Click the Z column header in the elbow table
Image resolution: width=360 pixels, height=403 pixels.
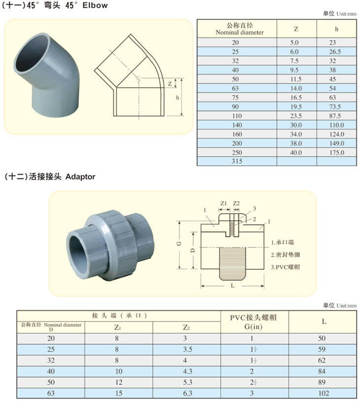tap(296, 29)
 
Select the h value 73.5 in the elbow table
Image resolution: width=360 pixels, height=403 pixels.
tap(335, 106)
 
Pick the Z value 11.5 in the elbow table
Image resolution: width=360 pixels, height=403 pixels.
tap(296, 79)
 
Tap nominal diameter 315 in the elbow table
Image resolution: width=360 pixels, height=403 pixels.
tap(237, 161)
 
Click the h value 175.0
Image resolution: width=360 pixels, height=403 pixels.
tap(337, 152)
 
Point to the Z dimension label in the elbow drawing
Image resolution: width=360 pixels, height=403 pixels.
tap(169, 84)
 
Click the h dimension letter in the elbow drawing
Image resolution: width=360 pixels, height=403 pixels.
tap(177, 98)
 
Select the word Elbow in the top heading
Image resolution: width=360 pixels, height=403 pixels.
tap(95, 5)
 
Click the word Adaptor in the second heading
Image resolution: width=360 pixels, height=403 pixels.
tap(80, 177)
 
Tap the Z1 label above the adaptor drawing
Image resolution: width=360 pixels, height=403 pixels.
tap(224, 203)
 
